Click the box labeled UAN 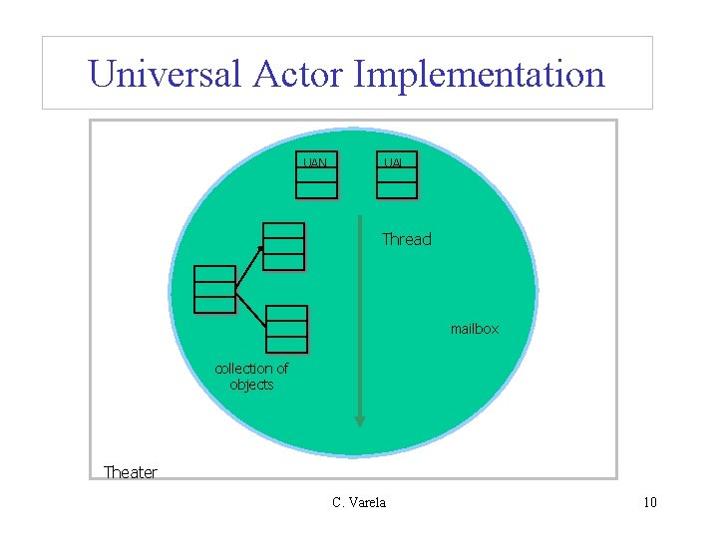(x=316, y=176)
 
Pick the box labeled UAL (x=396, y=176)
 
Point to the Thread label (x=407, y=239)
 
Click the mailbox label (x=474, y=329)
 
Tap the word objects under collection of (x=251, y=385)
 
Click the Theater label (x=131, y=472)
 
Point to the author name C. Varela (x=359, y=502)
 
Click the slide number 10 (x=649, y=502)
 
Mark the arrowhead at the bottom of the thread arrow (x=360, y=421)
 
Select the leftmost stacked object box (x=215, y=289)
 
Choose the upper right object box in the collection (x=284, y=246)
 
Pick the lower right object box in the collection (x=287, y=330)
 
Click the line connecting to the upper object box (x=249, y=267)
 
